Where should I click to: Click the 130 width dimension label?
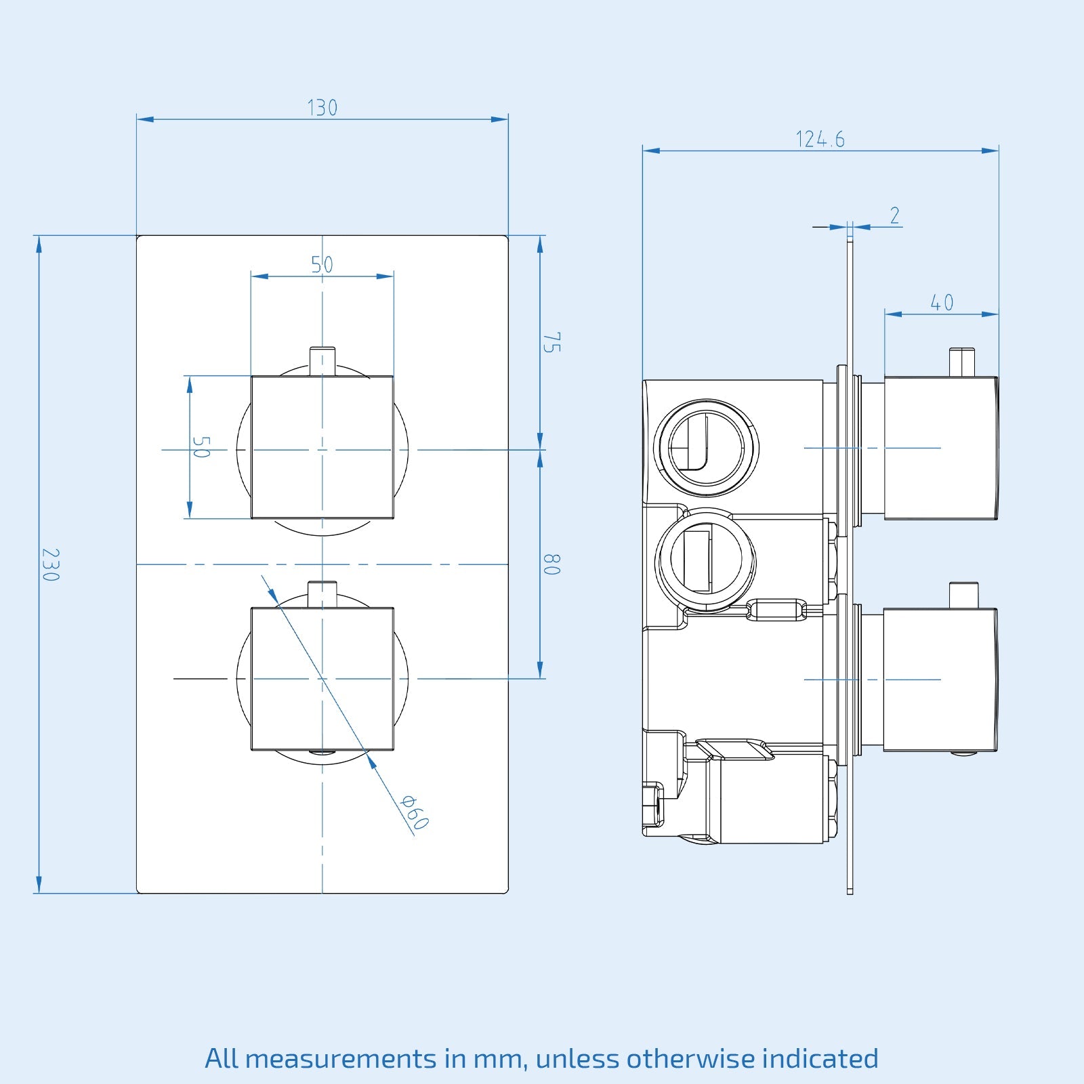click(x=322, y=108)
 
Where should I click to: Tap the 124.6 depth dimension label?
click(x=820, y=140)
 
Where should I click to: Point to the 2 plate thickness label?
click(x=894, y=215)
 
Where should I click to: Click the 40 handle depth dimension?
click(x=942, y=302)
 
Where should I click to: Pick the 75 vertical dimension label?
click(x=552, y=342)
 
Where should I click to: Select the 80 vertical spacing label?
click(x=552, y=564)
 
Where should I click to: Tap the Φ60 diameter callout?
click(x=414, y=812)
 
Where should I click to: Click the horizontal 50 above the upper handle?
click(x=322, y=264)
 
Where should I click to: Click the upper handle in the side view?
click(x=940, y=448)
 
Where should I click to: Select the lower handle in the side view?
click(x=940, y=680)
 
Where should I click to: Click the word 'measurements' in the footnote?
click(x=341, y=1058)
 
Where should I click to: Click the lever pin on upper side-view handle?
click(x=961, y=362)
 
